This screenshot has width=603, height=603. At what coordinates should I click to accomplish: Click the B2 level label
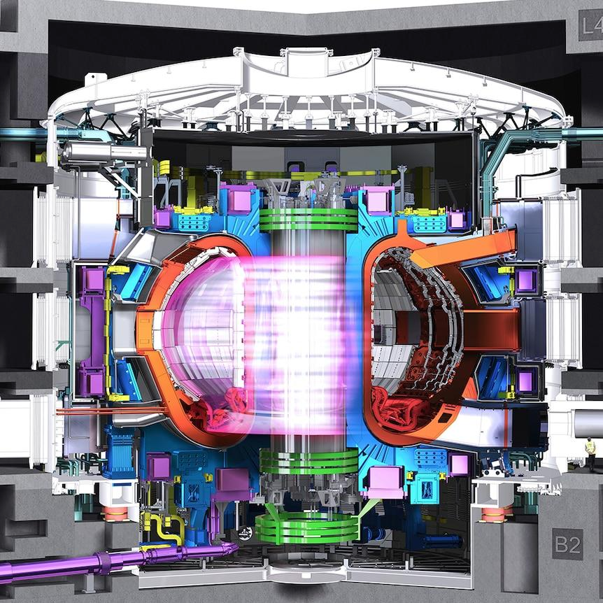click(x=567, y=544)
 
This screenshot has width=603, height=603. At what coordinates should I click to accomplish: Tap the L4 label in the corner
click(x=590, y=25)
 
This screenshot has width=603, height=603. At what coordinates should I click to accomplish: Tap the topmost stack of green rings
click(x=308, y=220)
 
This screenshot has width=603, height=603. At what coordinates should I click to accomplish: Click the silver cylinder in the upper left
click(x=104, y=152)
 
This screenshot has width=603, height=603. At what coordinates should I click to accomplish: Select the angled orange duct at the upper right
click(x=465, y=248)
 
